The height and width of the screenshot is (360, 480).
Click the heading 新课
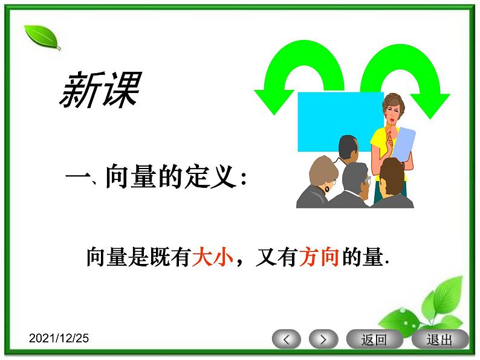pos(100,91)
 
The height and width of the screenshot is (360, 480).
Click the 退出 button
pos(439,339)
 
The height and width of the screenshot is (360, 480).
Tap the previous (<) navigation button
pos(287,339)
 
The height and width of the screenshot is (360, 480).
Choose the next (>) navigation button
pos(323,339)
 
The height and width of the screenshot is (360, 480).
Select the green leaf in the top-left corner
pos(42,37)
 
